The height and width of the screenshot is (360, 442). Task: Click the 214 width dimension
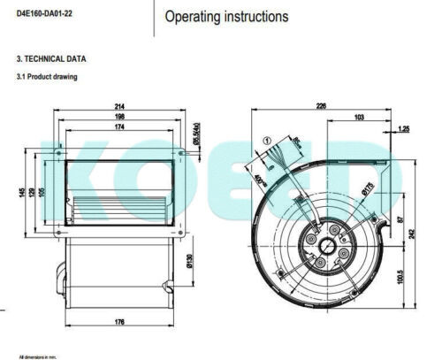coord(119,107)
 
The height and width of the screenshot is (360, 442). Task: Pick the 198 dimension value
coord(119,117)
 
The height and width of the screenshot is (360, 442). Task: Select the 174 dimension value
coord(119,127)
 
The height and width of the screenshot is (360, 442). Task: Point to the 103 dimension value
coord(361,118)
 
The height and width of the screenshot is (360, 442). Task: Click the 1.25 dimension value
coord(404,130)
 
